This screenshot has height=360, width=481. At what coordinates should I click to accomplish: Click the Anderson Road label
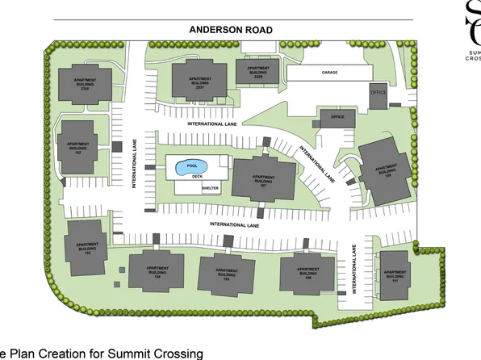(231, 30)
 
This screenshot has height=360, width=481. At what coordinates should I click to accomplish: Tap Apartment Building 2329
(257, 71)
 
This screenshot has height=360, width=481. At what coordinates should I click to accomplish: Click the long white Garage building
(328, 73)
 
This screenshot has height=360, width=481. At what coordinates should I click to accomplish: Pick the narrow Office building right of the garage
(379, 94)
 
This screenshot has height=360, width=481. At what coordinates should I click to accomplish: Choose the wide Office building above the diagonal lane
(337, 118)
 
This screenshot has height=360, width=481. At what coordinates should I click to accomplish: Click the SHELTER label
(211, 187)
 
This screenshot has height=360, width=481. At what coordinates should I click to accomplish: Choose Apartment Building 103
(86, 247)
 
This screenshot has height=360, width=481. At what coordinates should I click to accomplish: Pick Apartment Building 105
(226, 274)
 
